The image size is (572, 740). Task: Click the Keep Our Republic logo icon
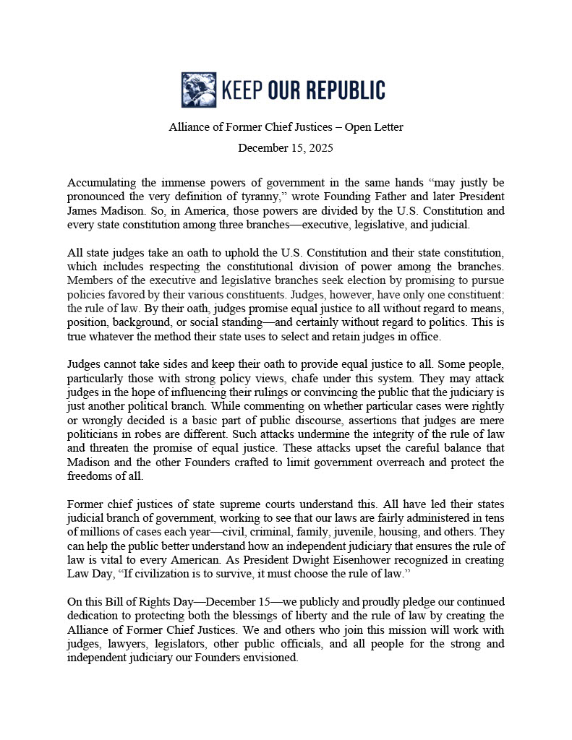click(198, 90)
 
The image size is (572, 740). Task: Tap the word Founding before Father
click(381, 196)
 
